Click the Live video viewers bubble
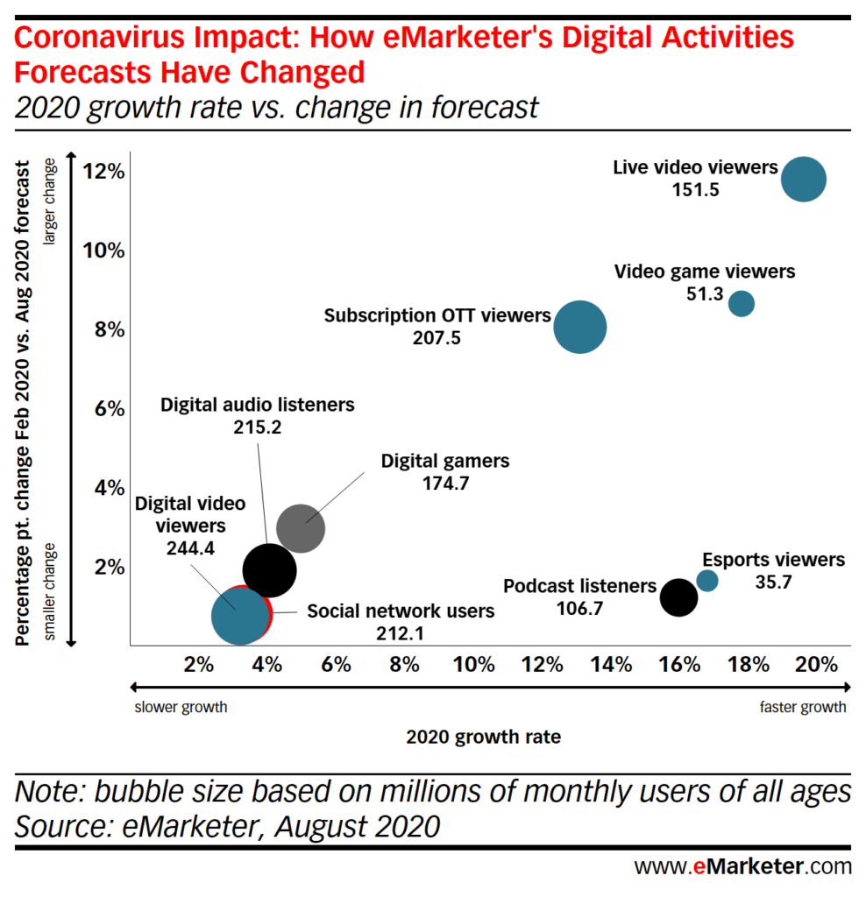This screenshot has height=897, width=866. [803, 179]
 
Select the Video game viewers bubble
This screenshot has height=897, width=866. [742, 303]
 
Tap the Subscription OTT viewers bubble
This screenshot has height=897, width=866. [579, 327]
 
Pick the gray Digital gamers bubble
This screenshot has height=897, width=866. [301, 528]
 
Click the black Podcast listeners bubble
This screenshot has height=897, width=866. [678, 597]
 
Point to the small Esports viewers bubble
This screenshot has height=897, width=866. [706, 580]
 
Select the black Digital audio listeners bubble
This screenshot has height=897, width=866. [269, 570]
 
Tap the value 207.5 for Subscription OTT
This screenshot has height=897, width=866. [437, 337]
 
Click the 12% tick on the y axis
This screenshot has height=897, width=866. [104, 171]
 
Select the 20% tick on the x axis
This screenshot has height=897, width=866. [817, 664]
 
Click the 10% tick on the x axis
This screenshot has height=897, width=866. [473, 664]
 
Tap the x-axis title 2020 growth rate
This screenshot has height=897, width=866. [483, 737]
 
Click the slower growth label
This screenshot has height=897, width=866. [181, 707]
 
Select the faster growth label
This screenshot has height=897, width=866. [802, 707]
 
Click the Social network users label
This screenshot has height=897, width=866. [401, 611]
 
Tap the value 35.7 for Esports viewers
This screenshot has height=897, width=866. [773, 582]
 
